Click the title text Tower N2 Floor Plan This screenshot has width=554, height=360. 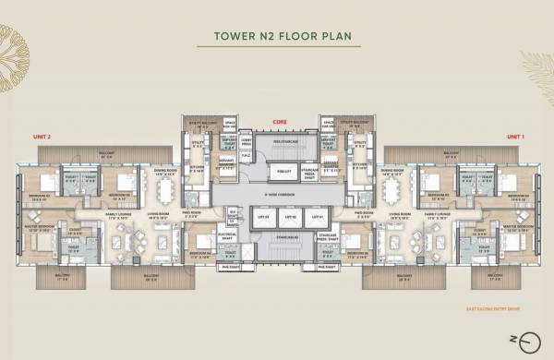pos(276,40)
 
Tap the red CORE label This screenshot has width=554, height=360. pos(276,121)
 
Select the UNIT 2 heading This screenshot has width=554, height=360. pos(42,137)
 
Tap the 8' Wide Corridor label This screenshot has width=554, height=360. pos(276,194)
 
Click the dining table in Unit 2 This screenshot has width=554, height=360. pos(167,191)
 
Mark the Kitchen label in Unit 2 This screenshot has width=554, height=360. pos(196,169)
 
